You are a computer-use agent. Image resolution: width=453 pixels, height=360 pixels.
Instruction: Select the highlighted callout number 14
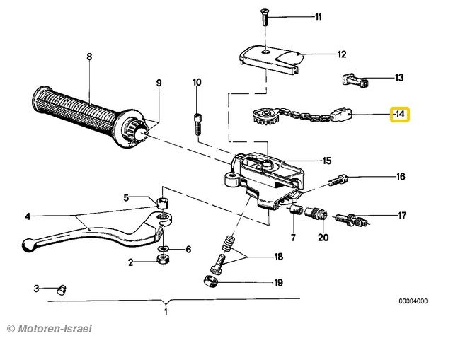pos(400,114)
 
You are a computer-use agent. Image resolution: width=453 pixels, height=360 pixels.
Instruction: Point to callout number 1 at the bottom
pos(166,312)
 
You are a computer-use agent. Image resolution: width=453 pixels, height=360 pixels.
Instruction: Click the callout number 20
pos(323,238)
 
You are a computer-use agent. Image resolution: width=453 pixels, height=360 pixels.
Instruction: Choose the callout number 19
pos(277,283)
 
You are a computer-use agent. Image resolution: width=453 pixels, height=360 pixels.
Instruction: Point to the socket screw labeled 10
pos(197,124)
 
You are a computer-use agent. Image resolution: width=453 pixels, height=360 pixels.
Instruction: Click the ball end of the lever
pos(28,245)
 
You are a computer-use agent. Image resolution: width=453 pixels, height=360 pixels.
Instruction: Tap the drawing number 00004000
pos(412,300)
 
